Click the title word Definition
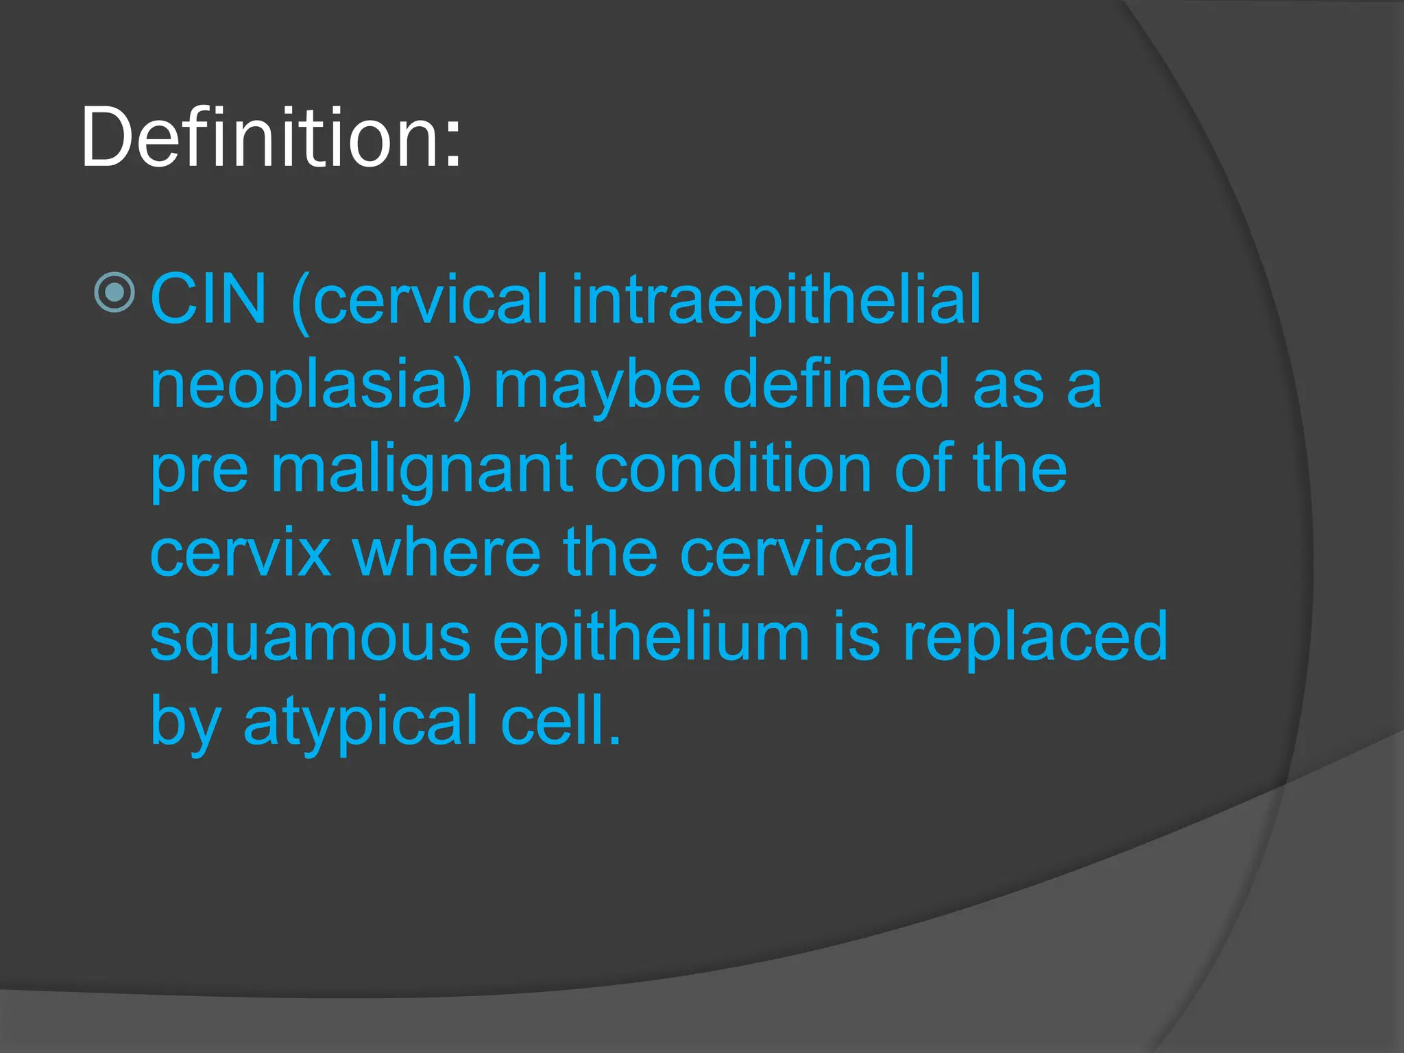coord(261,137)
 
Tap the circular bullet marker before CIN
coord(114,293)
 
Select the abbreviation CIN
coord(208,299)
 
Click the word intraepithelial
coord(775,299)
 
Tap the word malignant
coord(422,469)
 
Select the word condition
coord(733,469)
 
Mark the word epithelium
coord(652,638)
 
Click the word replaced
coord(1035,638)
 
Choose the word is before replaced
coord(856,638)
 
